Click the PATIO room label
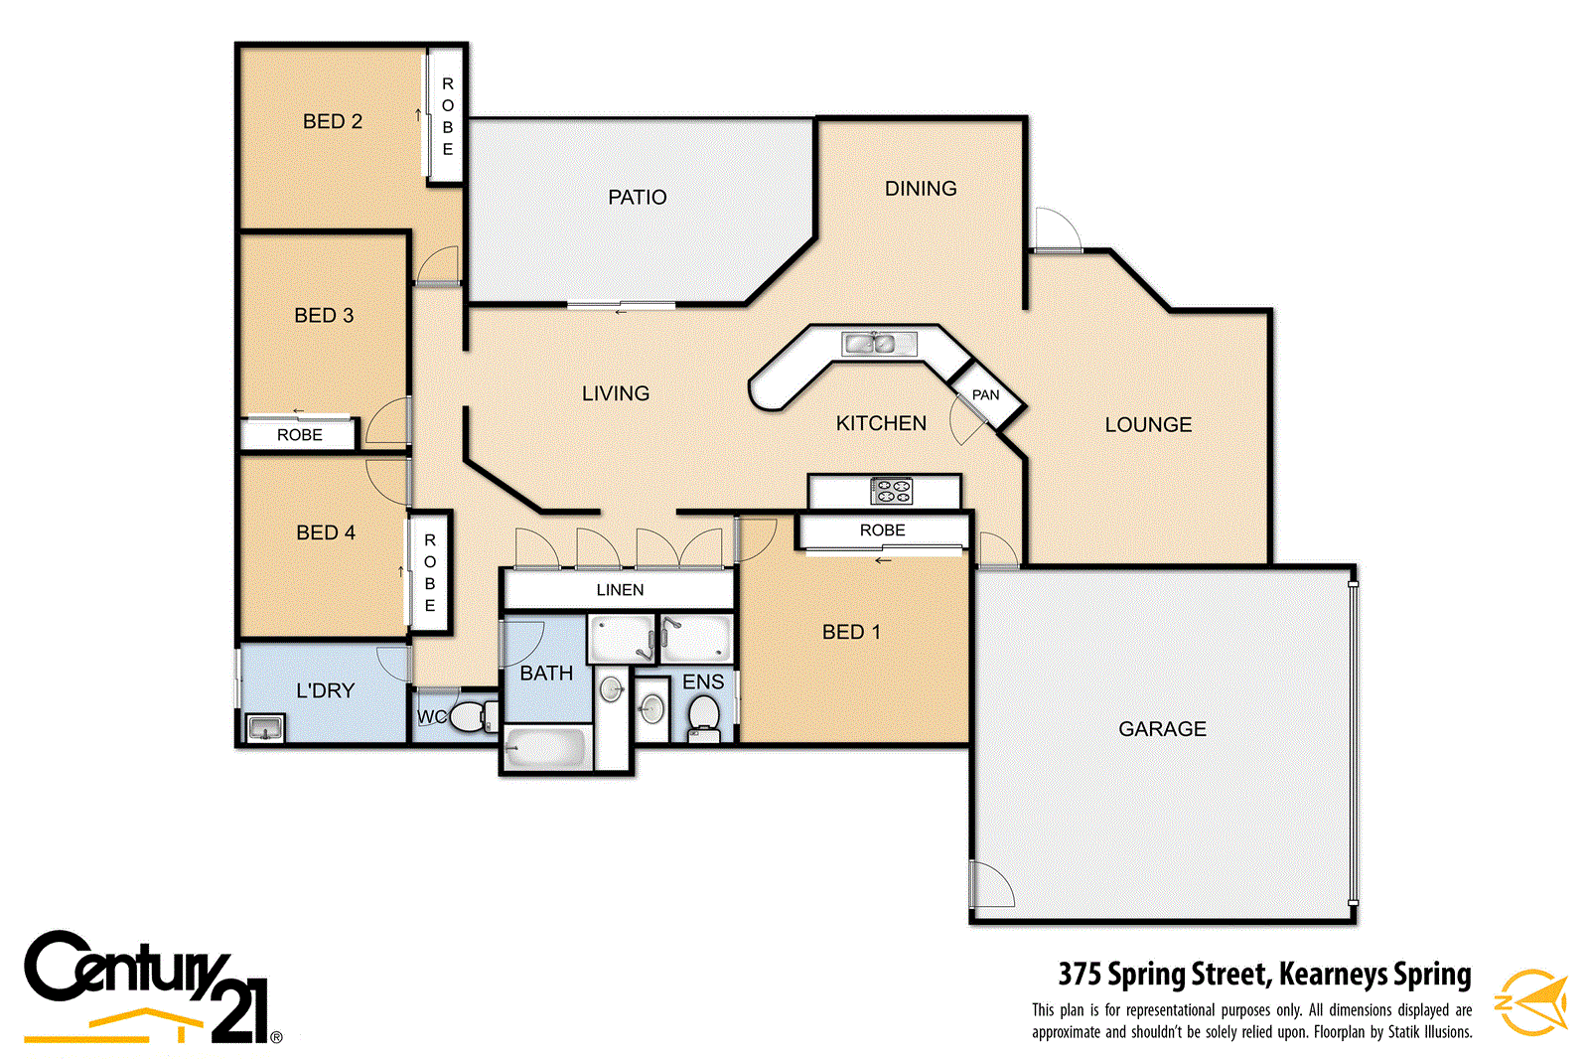point(637,197)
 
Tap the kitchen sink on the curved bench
point(868,344)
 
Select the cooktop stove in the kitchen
point(891,491)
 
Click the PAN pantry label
point(985,394)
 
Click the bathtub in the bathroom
point(544,748)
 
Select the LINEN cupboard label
point(620,590)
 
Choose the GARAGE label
point(1162,728)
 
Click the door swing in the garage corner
point(990,884)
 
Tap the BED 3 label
point(324,315)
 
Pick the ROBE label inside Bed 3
point(299,435)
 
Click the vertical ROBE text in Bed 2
point(447,116)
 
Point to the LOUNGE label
point(1148,424)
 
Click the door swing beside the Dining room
point(1056,228)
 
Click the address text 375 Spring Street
point(1263,974)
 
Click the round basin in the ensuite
point(651,707)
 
